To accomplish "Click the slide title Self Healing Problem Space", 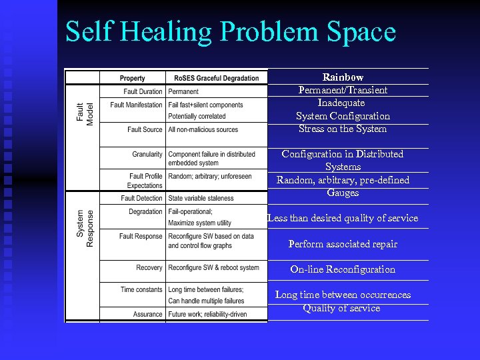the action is [231, 31].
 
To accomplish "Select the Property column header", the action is [132, 78].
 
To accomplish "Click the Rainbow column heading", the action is [343, 77].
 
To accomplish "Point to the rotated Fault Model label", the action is [85, 115].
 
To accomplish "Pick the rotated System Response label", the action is [85, 228].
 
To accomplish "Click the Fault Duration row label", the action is [143, 91].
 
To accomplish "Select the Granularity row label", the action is [147, 154].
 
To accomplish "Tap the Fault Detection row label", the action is [141, 198].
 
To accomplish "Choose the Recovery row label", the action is [149, 267].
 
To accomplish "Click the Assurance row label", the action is [147, 314].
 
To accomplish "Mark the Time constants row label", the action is [141, 289].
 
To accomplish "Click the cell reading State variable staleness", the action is [201, 198].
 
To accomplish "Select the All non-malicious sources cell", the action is [203, 129].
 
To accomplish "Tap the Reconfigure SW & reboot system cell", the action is [213, 267].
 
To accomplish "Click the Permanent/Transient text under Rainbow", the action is [343, 90].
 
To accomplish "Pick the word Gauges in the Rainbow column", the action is [343, 193].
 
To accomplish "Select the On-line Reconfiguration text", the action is [343, 269].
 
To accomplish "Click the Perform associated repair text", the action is [343, 244].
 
